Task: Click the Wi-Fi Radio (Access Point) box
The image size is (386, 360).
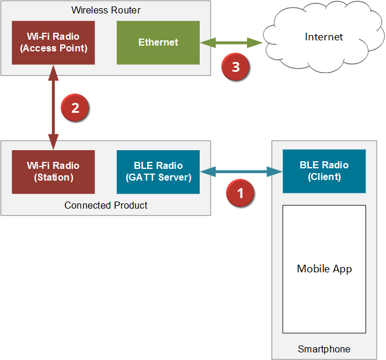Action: point(53,43)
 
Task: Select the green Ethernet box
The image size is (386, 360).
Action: point(158,43)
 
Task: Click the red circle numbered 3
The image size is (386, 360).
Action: point(235,67)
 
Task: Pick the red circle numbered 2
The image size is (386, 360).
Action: point(74,108)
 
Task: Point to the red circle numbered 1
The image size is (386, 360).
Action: point(240,192)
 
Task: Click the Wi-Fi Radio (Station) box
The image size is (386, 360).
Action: point(53,171)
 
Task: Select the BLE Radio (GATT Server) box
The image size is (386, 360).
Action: point(158,171)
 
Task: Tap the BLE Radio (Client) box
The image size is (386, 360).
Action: point(324,171)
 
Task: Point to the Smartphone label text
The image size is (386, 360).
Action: point(324,349)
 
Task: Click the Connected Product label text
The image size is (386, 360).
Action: point(106,205)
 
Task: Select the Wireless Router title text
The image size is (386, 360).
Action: point(106,10)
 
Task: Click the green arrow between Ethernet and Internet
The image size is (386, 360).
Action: point(231,43)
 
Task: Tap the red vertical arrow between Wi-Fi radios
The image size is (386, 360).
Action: point(54,108)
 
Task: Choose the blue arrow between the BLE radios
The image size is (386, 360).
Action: point(241,171)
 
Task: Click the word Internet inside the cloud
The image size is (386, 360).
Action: point(324,37)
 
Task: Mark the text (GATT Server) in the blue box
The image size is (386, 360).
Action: point(158,177)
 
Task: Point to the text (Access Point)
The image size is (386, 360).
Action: point(53,49)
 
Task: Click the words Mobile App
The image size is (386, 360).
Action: point(324,269)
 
